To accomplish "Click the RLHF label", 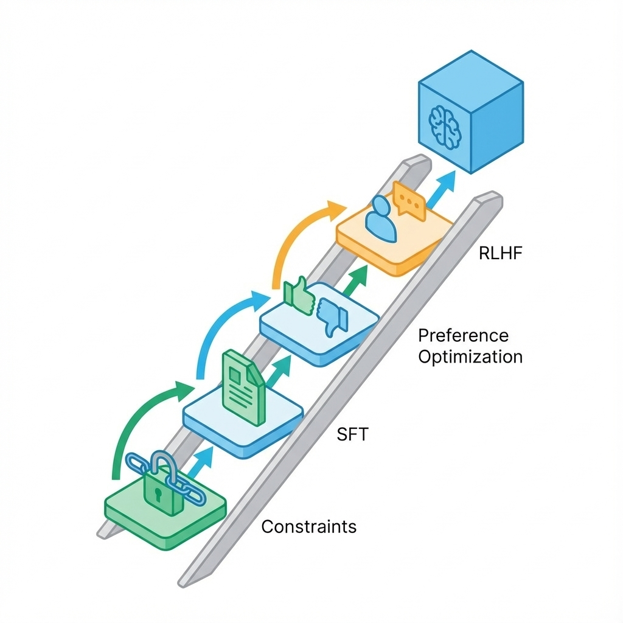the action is coord(500,253).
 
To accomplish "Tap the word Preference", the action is coord(463,336).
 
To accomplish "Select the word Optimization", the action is coord(470,357).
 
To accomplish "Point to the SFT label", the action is coord(352,434).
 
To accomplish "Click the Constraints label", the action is coord(308,527).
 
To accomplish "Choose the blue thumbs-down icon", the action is coord(332,317).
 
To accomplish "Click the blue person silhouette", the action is coord(381,218).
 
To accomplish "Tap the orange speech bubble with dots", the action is coord(409,201).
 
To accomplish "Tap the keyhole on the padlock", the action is coord(158,495).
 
